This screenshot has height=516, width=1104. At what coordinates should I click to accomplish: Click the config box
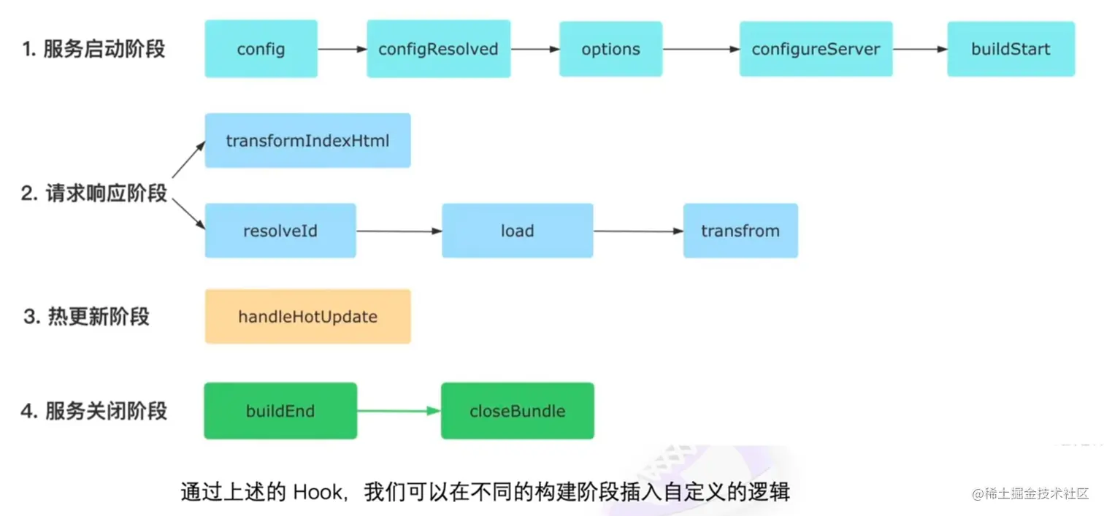click(x=261, y=49)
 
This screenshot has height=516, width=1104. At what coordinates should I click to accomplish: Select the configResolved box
click(x=438, y=49)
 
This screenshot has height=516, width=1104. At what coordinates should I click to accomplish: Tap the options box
click(x=610, y=49)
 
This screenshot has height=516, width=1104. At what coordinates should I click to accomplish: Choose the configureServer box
click(x=816, y=49)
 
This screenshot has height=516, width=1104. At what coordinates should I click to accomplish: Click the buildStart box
click(x=1011, y=49)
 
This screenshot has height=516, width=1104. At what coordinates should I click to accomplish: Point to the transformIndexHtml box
click(x=307, y=140)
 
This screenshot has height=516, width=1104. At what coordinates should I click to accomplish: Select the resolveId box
click(x=280, y=231)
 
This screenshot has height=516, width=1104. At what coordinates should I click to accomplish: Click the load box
click(x=517, y=231)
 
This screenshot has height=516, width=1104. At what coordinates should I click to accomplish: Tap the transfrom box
click(x=740, y=231)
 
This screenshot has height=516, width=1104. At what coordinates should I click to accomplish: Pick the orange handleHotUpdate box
click(x=307, y=316)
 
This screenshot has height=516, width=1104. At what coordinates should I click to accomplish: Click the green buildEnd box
click(x=280, y=411)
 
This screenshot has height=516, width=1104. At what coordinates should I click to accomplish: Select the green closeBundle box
click(x=517, y=411)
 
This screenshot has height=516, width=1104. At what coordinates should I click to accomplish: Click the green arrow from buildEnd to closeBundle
click(x=399, y=411)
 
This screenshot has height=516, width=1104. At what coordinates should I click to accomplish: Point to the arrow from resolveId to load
click(x=399, y=231)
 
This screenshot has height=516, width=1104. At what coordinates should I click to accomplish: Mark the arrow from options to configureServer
click(x=700, y=49)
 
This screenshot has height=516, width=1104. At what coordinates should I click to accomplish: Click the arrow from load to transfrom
click(x=637, y=231)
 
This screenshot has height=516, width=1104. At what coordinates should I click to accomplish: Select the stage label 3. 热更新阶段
click(x=86, y=317)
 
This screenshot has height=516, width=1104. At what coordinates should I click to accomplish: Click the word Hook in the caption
click(x=318, y=491)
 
